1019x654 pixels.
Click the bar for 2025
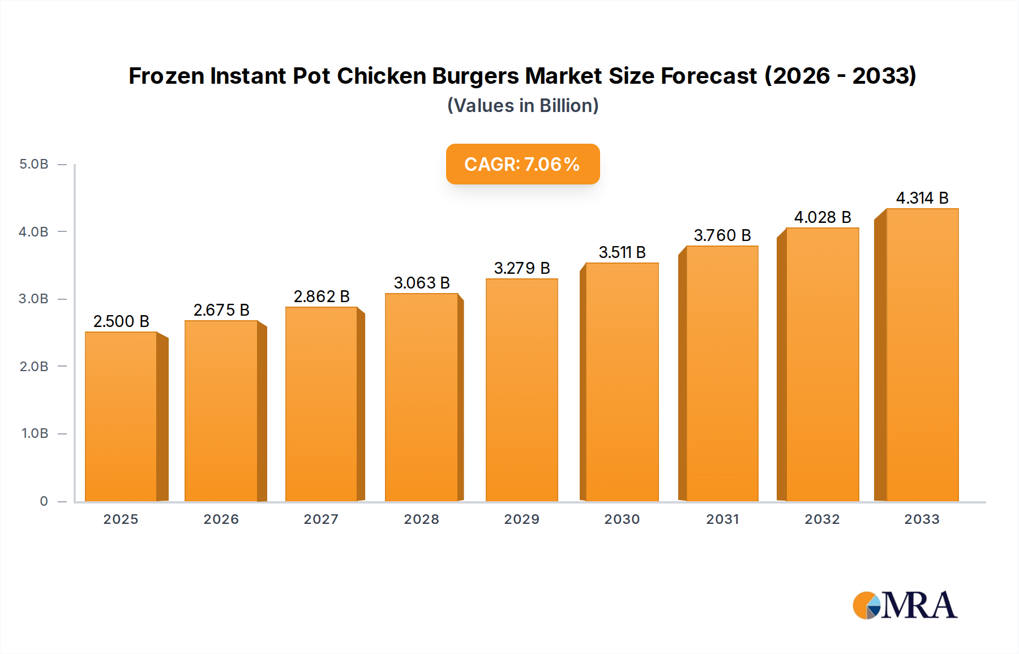(x=121, y=416)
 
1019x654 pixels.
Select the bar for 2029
(x=521, y=390)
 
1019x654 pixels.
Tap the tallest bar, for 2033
(x=922, y=355)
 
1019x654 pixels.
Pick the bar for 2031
(x=722, y=373)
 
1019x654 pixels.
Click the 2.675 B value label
(x=221, y=310)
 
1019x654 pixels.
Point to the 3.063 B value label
(x=422, y=283)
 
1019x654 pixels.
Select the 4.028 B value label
(x=823, y=217)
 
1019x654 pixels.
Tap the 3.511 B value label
(x=622, y=252)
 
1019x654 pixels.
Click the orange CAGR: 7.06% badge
(x=523, y=164)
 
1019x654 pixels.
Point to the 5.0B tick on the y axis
(x=34, y=164)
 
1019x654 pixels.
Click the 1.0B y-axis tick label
(x=35, y=433)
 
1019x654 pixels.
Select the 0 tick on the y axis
(x=44, y=501)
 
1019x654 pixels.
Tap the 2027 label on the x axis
(x=321, y=519)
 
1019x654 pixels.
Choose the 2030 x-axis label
(x=622, y=519)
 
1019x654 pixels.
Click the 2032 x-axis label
(x=822, y=519)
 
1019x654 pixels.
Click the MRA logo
(x=905, y=605)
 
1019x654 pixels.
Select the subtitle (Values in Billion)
(x=523, y=106)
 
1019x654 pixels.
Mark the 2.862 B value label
(x=322, y=296)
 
